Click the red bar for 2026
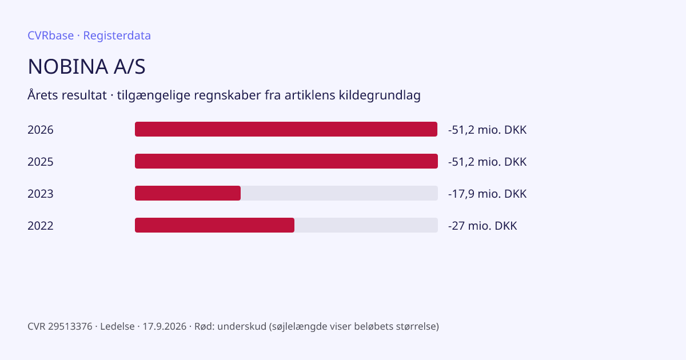pyautogui.click(x=286, y=129)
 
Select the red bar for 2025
pyautogui.click(x=286, y=161)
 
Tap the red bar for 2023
pyautogui.click(x=188, y=193)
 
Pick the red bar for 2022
pyautogui.click(x=215, y=225)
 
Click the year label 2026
pyautogui.click(x=41, y=130)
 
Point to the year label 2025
pyautogui.click(x=41, y=162)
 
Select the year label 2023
pyautogui.click(x=41, y=194)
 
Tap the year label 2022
pyautogui.click(x=41, y=226)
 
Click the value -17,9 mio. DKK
pyautogui.click(x=487, y=194)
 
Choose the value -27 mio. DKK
pyautogui.click(x=482, y=226)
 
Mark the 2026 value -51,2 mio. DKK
pyautogui.click(x=487, y=130)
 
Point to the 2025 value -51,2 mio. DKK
pyautogui.click(x=487, y=162)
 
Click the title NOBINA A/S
pyautogui.click(x=86, y=66)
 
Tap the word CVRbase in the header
pyautogui.click(x=50, y=35)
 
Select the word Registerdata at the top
pyautogui.click(x=117, y=35)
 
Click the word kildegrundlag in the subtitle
pyautogui.click(x=380, y=95)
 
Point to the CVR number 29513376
pyautogui.click(x=70, y=326)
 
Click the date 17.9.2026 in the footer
pyautogui.click(x=165, y=326)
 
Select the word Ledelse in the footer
pyautogui.click(x=117, y=326)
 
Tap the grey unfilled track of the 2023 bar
pyautogui.click(x=340, y=193)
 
